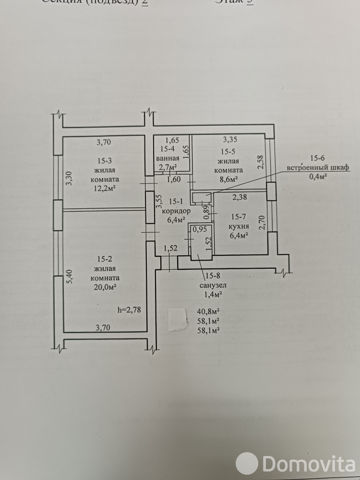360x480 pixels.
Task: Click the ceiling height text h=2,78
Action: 130,310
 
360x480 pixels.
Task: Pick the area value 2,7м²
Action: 168,167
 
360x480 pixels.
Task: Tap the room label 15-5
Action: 230,153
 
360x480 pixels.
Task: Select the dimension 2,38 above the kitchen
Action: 240,196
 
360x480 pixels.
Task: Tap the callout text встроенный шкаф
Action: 318,167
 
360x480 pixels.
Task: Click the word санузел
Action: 213,285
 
